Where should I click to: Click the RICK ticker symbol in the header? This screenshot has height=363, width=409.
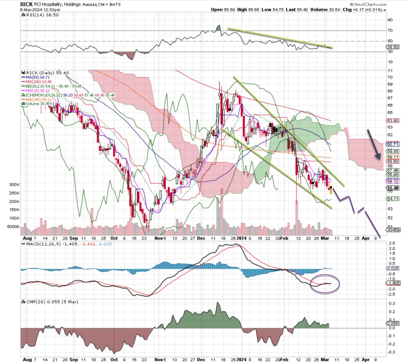tap(26, 4)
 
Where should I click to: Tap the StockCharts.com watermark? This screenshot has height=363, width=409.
tap(370, 4)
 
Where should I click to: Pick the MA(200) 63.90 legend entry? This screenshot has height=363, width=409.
tap(39, 82)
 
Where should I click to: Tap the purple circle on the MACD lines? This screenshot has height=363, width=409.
tap(325, 284)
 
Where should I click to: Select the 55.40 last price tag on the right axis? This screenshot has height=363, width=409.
tap(393, 188)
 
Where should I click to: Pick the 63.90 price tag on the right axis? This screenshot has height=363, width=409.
tap(393, 121)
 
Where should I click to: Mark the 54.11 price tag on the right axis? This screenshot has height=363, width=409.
tap(393, 199)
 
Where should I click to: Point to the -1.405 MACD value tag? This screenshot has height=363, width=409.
tap(393, 283)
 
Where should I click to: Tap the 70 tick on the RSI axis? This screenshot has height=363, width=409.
tap(390, 31)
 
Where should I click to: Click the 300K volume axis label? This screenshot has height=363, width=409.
tap(14, 185)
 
